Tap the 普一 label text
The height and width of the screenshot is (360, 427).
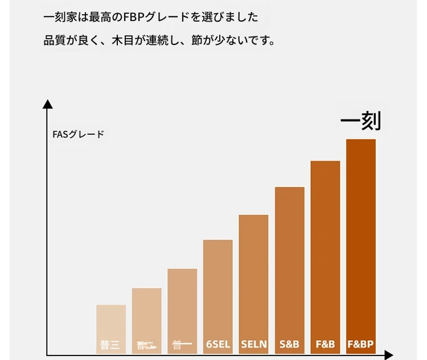click(x=182, y=345)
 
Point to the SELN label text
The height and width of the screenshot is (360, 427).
click(x=253, y=345)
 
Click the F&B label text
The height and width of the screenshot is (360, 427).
click(x=325, y=345)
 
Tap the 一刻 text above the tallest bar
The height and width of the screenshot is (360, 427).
click(x=360, y=121)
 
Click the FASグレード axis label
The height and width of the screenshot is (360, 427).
click(x=78, y=135)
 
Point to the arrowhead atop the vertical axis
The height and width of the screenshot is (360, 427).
click(x=48, y=104)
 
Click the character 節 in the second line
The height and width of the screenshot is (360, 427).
click(x=198, y=41)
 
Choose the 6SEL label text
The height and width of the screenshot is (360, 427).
click(x=218, y=345)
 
